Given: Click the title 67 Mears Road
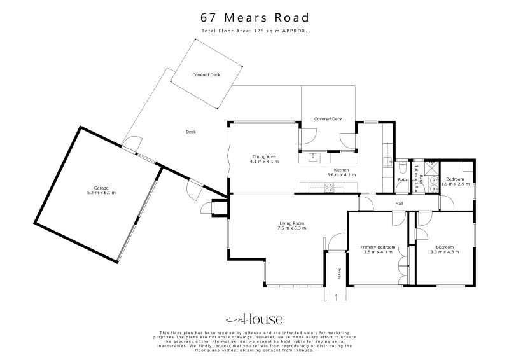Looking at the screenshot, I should pos(254,17).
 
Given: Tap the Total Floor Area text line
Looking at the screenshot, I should pos(254,31).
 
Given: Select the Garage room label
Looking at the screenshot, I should pos(101,188).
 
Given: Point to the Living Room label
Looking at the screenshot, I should pos(292,223).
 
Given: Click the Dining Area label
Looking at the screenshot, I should pos(264,156).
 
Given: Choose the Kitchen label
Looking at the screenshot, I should pos(341,170).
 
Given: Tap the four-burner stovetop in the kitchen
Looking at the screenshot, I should pos(330,187).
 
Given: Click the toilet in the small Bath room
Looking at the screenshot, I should pos(402,168).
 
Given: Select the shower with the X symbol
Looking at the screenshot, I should pos(429,167).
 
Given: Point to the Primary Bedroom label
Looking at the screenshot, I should pos(378,247).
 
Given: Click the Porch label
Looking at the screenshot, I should pos(339,272).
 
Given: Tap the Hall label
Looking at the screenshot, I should pos(399,204).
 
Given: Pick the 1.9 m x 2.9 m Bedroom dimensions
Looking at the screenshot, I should pos(455,184).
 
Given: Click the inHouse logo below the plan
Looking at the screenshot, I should pos(254,320).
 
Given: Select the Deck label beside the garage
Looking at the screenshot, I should pos(190,132).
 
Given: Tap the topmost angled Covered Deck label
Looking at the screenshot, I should pos(206,75).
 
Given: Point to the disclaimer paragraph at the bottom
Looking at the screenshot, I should pos(254,342).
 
